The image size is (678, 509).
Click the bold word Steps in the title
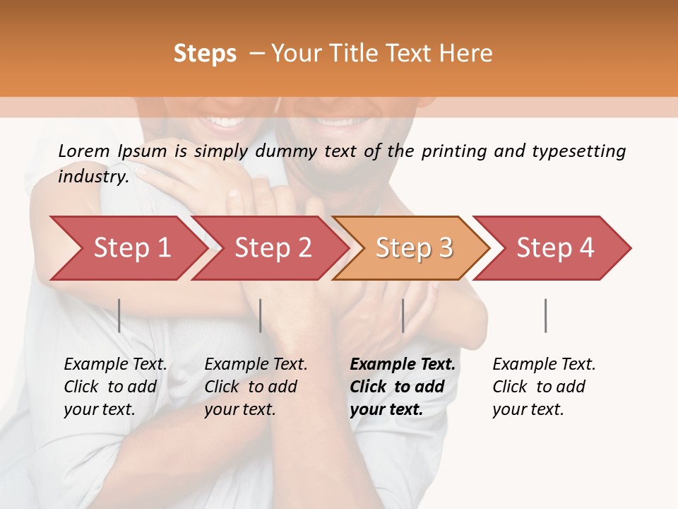pos(205,54)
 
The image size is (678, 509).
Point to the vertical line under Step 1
pos(119,315)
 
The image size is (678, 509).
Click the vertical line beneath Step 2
pos(261,315)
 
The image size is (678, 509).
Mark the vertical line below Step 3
pos(403,315)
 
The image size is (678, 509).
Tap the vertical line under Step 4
pos(546,315)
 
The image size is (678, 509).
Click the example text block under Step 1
pos(115,387)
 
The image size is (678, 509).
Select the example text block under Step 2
pos(256,387)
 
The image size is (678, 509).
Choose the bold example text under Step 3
pos(403,387)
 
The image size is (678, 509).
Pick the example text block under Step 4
pos(544,387)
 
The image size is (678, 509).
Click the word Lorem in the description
pos(84,151)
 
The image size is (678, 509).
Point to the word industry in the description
pos(93,177)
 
